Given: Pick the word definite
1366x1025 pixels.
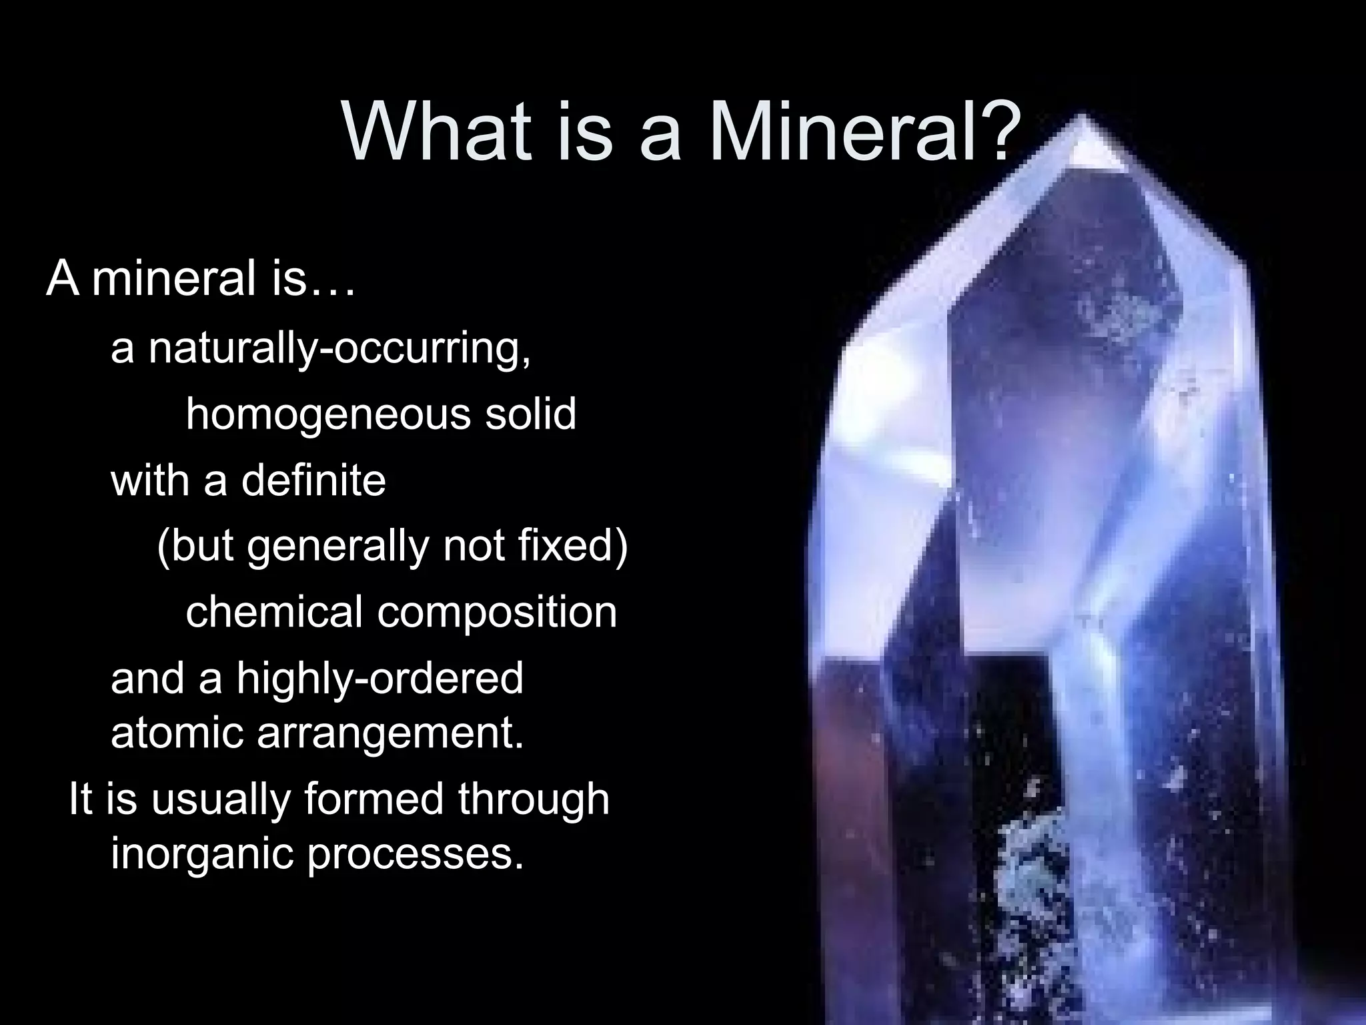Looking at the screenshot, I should pos(313,480).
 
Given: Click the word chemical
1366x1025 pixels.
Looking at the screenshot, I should pos(274,612).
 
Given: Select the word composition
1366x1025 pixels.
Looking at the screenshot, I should pos(498,612).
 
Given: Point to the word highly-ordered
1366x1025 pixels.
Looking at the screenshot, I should pos(380,679).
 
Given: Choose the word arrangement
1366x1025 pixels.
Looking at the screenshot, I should pos(390,734).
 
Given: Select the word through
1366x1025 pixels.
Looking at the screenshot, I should pos(534,799).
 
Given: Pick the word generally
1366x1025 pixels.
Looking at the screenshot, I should pos(338,547).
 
